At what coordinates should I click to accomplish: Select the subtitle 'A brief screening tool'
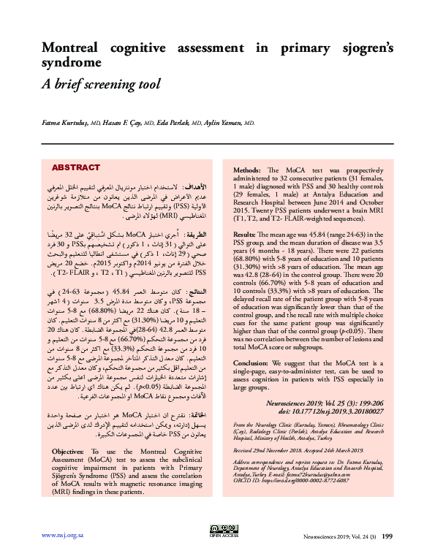click(x=100, y=84)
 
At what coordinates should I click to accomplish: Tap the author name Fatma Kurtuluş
click(x=64, y=124)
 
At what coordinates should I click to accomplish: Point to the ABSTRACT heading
click(x=76, y=167)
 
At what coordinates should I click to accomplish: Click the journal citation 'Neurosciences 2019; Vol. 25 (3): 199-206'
click(x=341, y=403)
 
